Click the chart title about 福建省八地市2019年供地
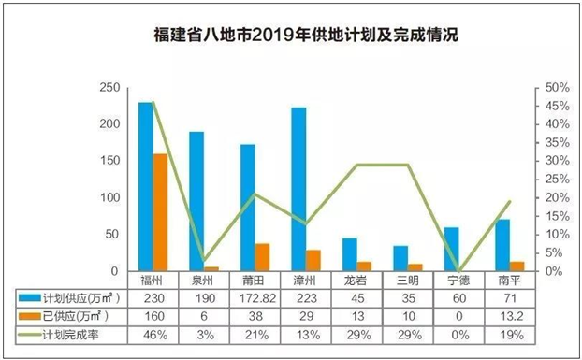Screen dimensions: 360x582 point(298,36)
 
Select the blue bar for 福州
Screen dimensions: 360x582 point(145,187)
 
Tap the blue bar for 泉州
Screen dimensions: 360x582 point(196,202)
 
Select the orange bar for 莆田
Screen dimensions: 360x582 point(262,257)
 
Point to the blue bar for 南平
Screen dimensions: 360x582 point(502,245)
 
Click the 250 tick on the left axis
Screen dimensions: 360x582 point(110,87)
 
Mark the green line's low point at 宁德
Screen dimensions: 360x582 point(458,271)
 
